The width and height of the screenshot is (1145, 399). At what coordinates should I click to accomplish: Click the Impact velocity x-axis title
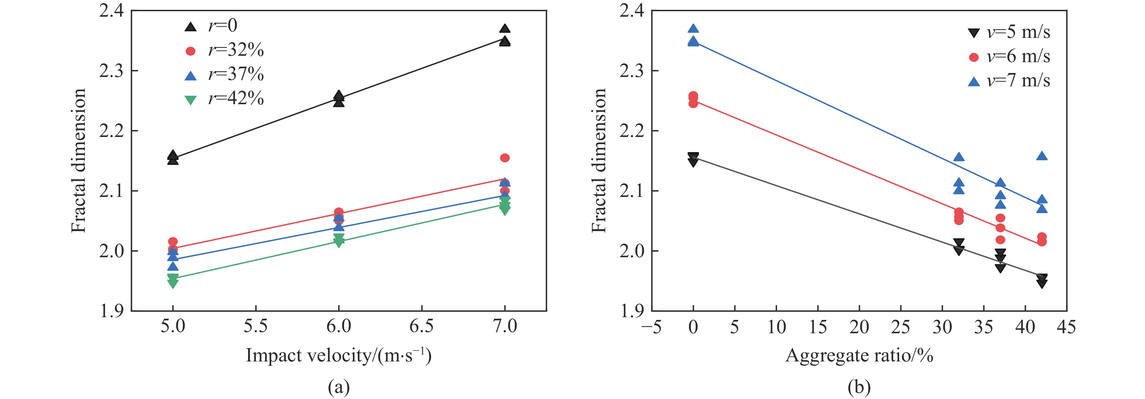point(338,355)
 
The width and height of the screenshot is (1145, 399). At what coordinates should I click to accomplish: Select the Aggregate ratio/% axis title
point(859,355)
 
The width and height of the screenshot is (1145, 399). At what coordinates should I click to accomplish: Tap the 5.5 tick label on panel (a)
point(256,327)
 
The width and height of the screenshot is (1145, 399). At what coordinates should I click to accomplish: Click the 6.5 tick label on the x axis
point(421,327)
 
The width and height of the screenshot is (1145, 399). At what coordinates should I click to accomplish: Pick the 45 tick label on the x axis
point(1066,328)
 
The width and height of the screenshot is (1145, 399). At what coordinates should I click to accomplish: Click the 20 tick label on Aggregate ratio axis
point(859,328)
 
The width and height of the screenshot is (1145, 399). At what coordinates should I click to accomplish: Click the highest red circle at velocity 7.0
point(504,158)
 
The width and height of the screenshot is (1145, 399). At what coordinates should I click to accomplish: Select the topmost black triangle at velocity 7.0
point(504,29)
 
